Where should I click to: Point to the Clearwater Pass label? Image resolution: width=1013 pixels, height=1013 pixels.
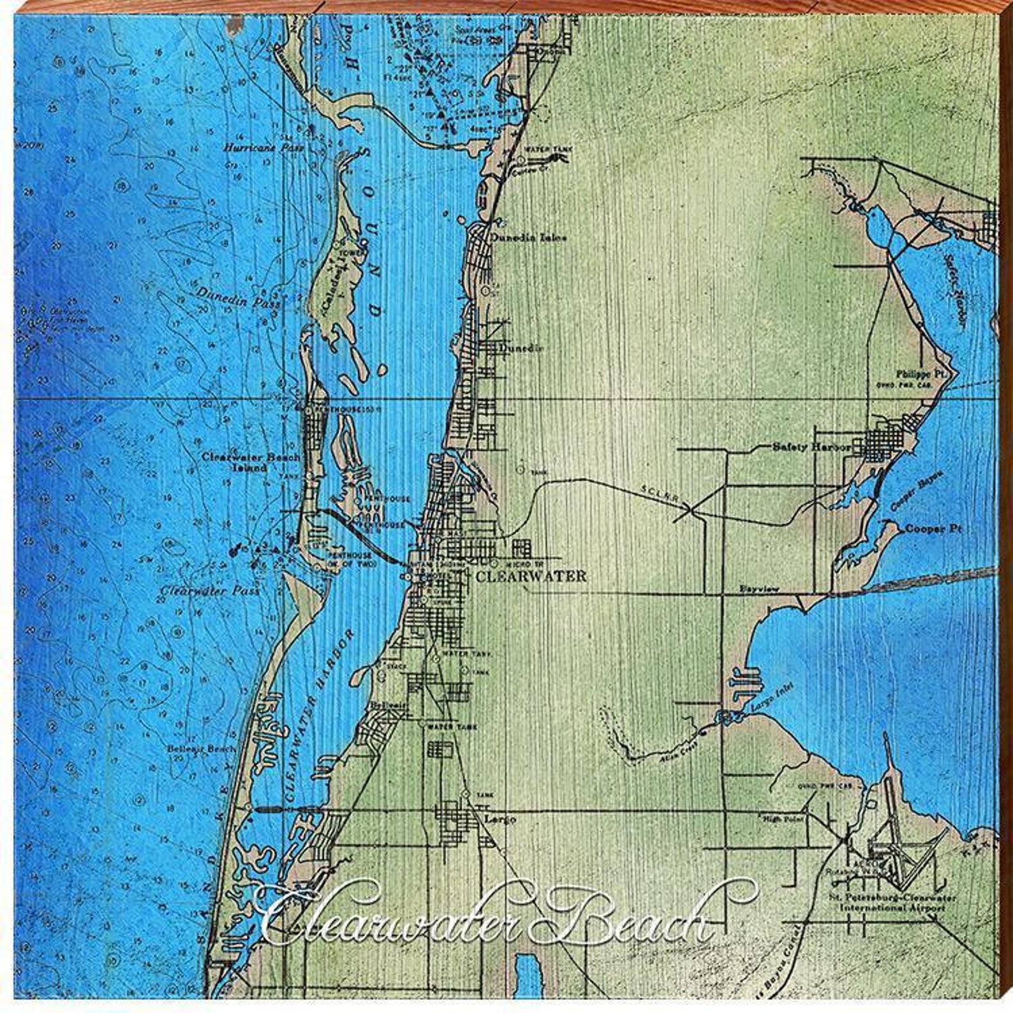209,590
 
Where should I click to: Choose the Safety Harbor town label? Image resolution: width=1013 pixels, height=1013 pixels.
811,447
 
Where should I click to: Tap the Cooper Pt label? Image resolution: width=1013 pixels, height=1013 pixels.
933,529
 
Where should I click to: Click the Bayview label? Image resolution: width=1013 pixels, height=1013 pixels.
758,589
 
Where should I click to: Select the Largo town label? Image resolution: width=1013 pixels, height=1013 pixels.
499,818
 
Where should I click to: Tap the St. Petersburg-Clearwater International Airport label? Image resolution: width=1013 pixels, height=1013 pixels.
892,902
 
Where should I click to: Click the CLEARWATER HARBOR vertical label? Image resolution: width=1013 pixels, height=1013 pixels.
319,714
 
